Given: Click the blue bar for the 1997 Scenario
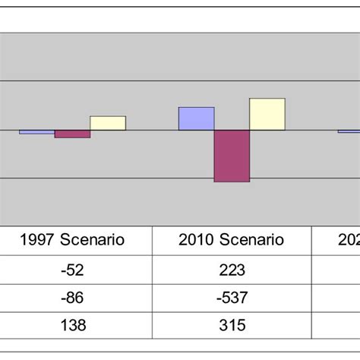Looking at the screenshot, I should point(36,132).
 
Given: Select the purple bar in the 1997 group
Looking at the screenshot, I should point(72,134).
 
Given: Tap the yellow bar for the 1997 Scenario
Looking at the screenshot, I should point(108,123).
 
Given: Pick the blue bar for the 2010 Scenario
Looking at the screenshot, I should point(196,118).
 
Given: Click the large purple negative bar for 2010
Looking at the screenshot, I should point(232,156).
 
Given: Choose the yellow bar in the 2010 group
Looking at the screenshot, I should point(267,114).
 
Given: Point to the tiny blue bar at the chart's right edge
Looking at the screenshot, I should point(349,131).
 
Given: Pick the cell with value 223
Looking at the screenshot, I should point(232,270).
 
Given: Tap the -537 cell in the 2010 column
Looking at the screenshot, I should point(232,297).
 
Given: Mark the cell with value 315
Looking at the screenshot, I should point(232,325).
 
